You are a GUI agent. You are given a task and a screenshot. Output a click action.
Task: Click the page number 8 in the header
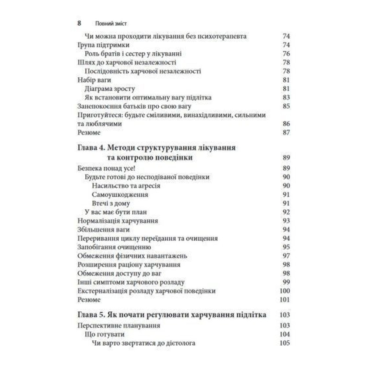pyautogui.click(x=79, y=23)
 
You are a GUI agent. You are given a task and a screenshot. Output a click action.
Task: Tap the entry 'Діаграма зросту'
pyautogui.click(x=110, y=89)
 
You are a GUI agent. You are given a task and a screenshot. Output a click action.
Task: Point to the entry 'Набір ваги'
pyautogui.click(x=94, y=80)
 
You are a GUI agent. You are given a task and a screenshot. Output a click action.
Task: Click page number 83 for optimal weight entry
pyautogui.click(x=286, y=97)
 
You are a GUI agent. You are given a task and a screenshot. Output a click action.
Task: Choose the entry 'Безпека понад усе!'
pyautogui.click(x=102, y=168)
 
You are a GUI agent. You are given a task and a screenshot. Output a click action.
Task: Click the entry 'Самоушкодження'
pyautogui.click(x=120, y=194)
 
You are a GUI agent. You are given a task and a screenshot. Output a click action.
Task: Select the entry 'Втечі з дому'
pyautogui.click(x=111, y=203)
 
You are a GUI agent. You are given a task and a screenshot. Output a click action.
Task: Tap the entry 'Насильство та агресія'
pyautogui.click(x=126, y=186)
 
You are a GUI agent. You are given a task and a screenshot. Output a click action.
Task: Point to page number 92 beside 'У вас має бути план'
pyautogui.click(x=286, y=212)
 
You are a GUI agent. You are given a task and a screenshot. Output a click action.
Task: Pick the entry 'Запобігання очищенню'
pyautogui.click(x=114, y=247)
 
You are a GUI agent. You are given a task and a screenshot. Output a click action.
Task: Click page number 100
pyautogui.click(x=285, y=291)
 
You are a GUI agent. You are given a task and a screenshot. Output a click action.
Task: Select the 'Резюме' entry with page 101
pyautogui.click(x=89, y=300)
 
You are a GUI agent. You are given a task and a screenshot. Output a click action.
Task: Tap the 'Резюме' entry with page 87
pyautogui.click(x=89, y=132)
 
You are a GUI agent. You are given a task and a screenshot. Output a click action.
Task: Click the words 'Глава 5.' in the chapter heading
pyautogui.click(x=91, y=315)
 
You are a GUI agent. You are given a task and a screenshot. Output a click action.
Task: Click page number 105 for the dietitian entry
pyautogui.click(x=285, y=343)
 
